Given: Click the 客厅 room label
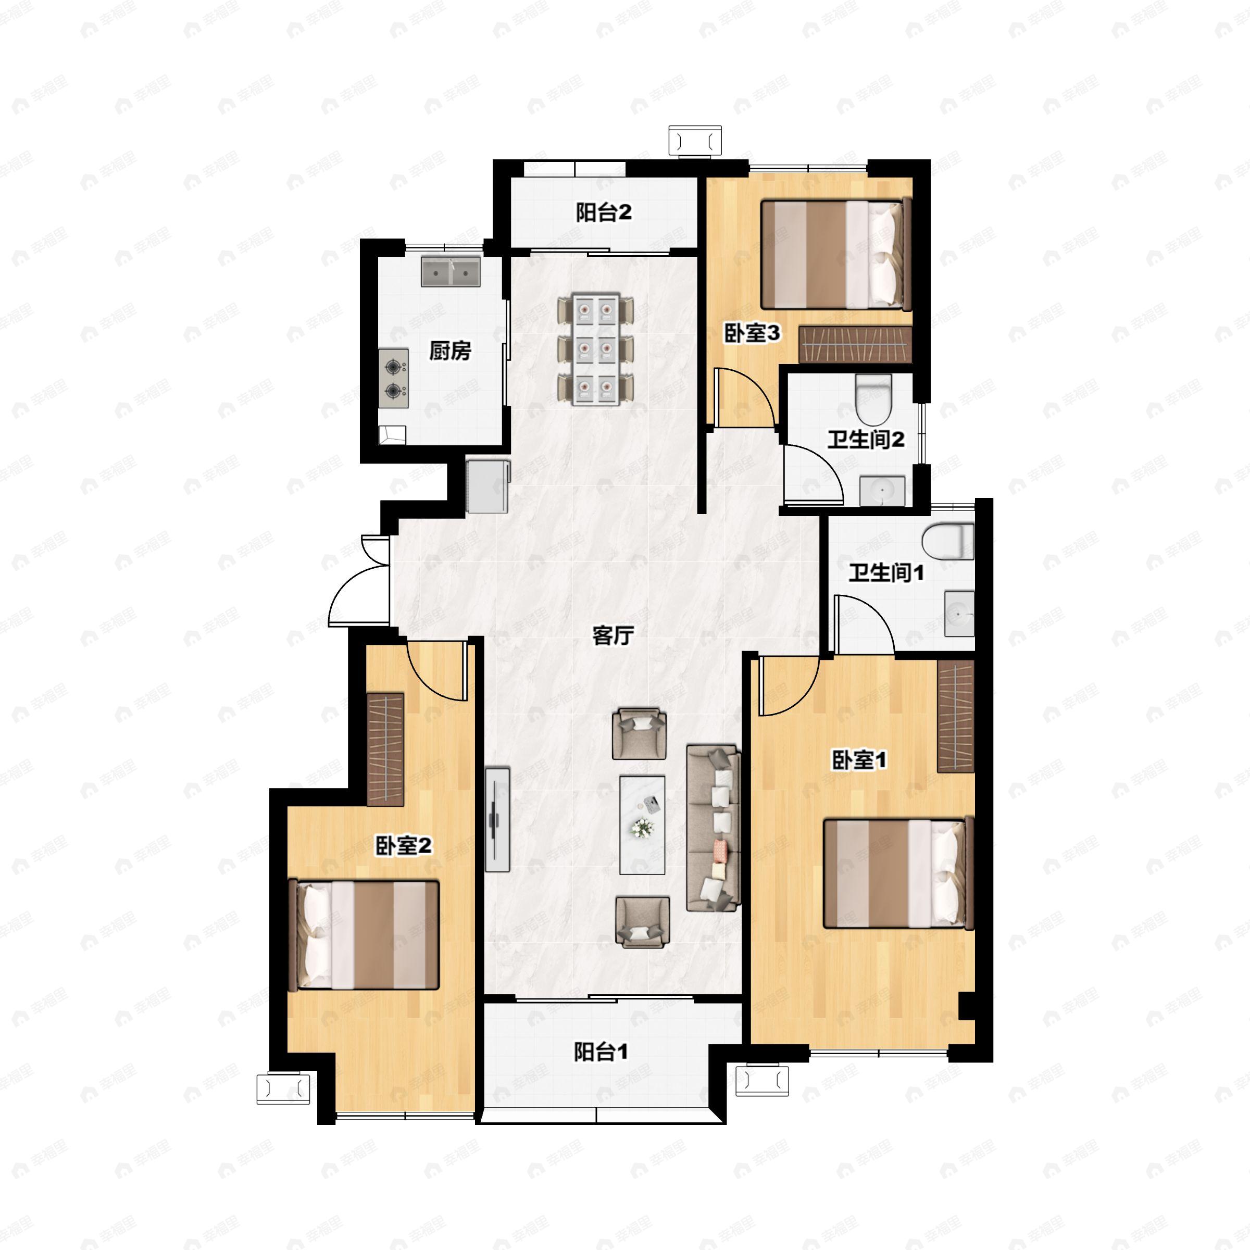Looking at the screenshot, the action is coord(612,636).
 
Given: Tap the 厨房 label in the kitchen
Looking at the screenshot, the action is coord(451,352).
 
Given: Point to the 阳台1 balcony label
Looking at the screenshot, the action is coord(601,1053).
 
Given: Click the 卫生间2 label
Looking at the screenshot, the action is coord(866,440).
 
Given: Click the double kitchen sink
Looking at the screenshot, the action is coord(451,272).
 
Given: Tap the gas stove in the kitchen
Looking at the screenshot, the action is coord(393,379).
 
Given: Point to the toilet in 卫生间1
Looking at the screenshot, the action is coord(948,542).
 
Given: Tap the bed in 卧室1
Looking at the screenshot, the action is coord(898,873).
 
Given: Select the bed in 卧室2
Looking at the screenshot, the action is coord(364,934).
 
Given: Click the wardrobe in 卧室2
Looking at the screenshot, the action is coord(385,749).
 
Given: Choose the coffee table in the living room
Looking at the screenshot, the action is coord(642,825).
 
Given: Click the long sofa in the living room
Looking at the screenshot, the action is coord(713,828).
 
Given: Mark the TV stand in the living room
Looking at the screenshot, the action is coord(497,819).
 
